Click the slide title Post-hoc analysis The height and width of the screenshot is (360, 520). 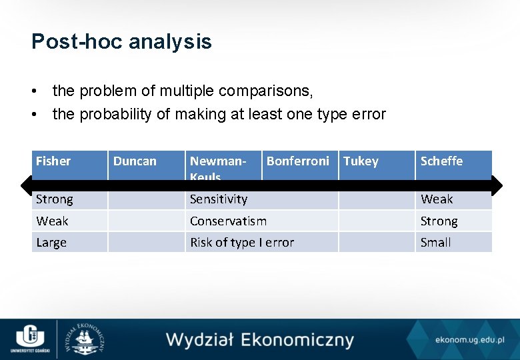click(x=121, y=42)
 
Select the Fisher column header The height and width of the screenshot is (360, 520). click(x=53, y=161)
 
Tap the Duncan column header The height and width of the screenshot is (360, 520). click(x=135, y=161)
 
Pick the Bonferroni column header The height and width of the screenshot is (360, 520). click(x=297, y=161)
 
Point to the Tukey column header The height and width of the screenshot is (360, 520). click(x=361, y=161)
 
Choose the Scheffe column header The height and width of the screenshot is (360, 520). click(x=441, y=161)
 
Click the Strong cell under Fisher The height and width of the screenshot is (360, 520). click(x=55, y=199)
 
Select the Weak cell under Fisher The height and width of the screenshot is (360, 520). click(x=52, y=221)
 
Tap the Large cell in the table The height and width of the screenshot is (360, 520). click(x=51, y=243)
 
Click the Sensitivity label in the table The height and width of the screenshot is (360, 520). click(x=219, y=199)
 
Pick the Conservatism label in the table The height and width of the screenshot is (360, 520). click(x=228, y=221)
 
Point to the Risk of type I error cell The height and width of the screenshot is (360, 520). click(x=242, y=243)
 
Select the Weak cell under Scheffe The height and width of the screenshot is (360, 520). click(x=437, y=199)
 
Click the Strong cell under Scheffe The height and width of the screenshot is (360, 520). click(x=439, y=221)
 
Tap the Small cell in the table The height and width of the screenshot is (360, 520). click(x=436, y=243)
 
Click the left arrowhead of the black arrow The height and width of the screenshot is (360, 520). click(x=25, y=185)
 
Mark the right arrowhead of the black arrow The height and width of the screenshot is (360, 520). click(x=497, y=185)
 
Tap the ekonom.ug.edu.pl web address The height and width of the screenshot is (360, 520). click(x=469, y=340)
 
